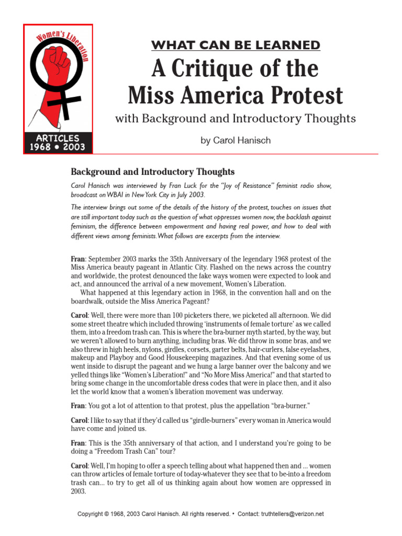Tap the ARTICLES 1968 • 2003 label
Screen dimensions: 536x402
click(x=58, y=142)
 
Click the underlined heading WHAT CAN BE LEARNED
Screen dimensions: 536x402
click(x=236, y=45)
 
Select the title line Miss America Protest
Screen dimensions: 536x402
click(x=236, y=96)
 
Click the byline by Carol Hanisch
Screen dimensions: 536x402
click(x=235, y=140)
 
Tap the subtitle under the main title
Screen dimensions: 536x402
click(x=235, y=118)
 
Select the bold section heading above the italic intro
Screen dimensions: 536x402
click(x=153, y=172)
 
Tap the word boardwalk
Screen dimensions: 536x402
click(x=91, y=301)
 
